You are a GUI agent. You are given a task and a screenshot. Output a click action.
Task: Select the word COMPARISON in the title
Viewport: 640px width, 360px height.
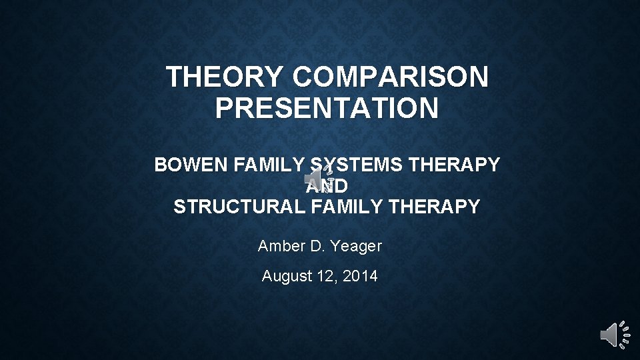pos(390,77)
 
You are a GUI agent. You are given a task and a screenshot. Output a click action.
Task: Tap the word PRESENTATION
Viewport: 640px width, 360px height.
pos(327,108)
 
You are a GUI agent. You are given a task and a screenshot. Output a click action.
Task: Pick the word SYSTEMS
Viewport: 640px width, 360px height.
pos(353,165)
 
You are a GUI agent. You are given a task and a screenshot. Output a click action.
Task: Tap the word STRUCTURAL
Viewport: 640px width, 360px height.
pos(239,207)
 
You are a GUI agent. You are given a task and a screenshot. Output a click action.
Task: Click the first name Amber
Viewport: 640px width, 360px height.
pos(281,246)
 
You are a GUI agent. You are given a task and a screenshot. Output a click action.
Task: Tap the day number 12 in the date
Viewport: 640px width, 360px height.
pos(327,275)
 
